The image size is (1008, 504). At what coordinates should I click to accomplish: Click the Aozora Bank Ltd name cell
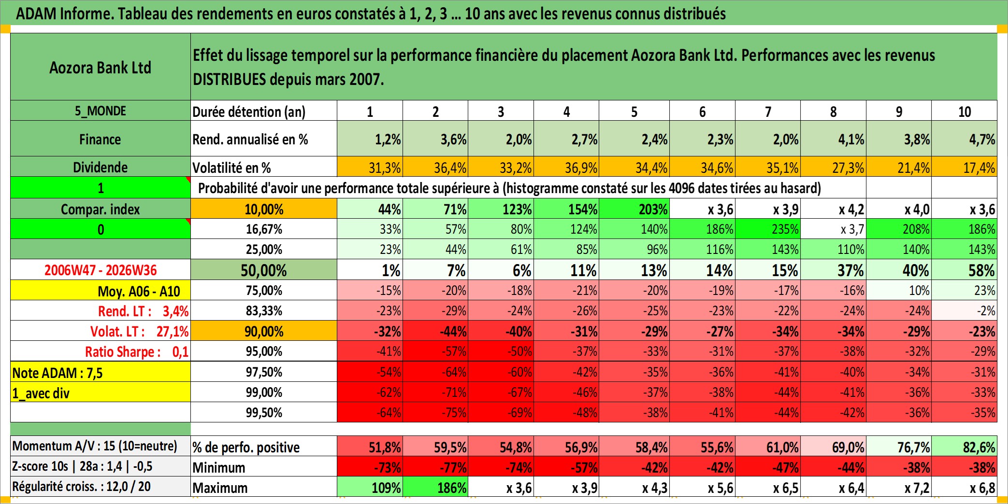[101, 67]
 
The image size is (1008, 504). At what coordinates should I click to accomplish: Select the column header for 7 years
[768, 111]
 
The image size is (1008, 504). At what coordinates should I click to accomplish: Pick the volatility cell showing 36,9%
[566, 167]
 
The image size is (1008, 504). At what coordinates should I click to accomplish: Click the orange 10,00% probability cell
[264, 209]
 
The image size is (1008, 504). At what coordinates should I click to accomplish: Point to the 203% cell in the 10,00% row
[634, 209]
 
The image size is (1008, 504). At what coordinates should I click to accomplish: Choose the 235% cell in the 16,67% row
[768, 229]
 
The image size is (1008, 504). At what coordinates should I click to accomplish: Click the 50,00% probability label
[264, 270]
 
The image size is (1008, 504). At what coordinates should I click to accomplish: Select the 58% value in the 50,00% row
[964, 270]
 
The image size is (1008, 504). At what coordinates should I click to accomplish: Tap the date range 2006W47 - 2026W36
[101, 270]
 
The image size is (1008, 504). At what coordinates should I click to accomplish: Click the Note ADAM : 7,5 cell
[101, 372]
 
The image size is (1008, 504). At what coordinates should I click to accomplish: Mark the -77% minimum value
[435, 467]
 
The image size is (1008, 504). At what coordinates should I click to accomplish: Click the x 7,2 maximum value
[899, 488]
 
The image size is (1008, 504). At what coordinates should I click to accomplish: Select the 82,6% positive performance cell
[964, 447]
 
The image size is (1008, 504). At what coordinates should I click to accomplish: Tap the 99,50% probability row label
[264, 413]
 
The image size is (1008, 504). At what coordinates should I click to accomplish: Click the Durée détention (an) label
[249, 112]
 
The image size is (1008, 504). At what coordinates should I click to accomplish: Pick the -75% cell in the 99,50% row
[435, 413]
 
